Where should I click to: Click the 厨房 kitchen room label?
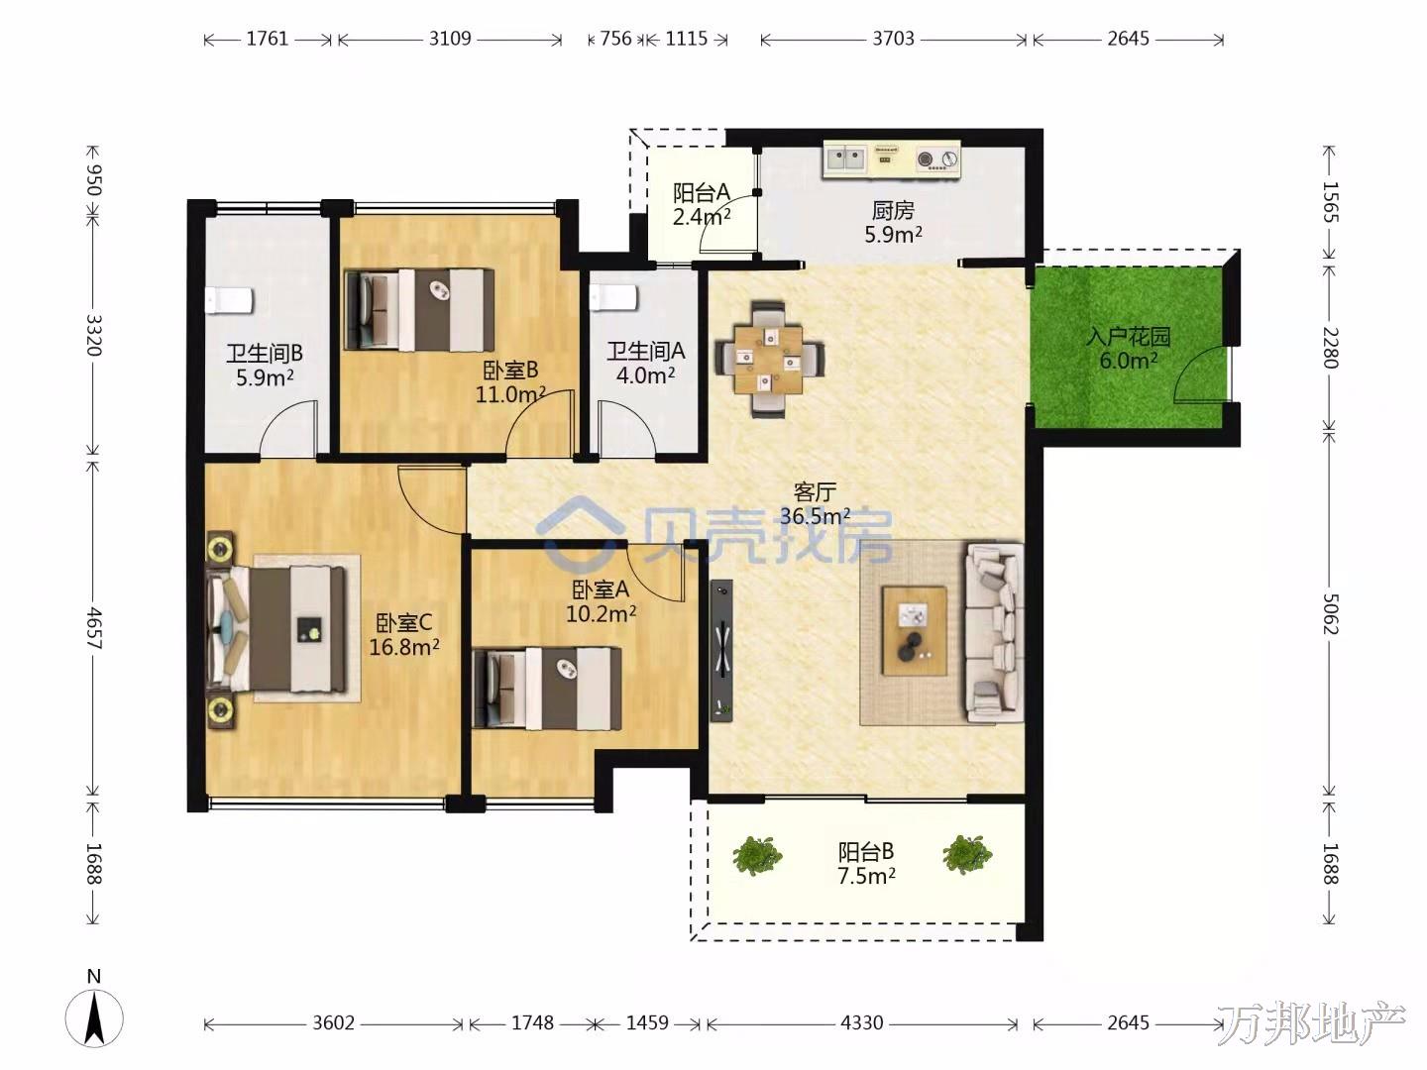coord(893,210)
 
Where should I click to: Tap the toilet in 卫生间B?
coord(229,301)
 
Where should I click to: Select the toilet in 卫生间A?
coord(614,298)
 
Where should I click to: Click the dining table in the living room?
coord(769,359)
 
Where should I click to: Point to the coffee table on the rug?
coord(914,631)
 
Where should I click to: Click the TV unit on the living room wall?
coord(721,650)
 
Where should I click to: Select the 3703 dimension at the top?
coord(893,39)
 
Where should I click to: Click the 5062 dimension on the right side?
coord(1330,613)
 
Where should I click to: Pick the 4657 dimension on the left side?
coord(95,628)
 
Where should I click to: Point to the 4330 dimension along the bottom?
coord(862,1022)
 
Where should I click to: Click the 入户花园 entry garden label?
coord(1129,337)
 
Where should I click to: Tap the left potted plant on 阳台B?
coord(757,856)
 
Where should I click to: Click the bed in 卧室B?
coord(420,310)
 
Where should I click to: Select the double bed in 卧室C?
coord(276,628)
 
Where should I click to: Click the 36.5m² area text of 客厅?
coord(815,516)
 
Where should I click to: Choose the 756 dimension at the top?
coord(615,39)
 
